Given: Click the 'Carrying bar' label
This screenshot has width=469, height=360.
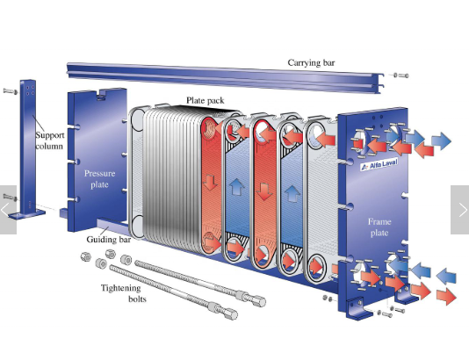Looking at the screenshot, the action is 311,63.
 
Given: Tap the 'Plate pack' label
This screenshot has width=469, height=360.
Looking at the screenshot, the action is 206,100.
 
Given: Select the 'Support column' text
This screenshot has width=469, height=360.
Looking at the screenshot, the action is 50,140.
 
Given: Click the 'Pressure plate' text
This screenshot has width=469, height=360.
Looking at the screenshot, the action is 99,179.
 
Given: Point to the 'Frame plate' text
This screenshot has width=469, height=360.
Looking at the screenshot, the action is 379,227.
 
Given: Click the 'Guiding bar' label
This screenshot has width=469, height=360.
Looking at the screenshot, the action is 109,240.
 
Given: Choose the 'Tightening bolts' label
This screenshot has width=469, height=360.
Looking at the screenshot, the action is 124,293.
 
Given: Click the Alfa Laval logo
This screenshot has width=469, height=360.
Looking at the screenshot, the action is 379,164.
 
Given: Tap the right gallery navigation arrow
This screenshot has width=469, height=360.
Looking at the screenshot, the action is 460,210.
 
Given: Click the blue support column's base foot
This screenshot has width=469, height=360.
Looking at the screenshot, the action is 26,214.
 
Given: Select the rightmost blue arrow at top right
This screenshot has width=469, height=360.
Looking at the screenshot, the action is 442,140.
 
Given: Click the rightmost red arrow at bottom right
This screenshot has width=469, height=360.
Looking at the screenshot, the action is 446,296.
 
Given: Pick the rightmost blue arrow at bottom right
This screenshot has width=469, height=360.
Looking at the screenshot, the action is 446,276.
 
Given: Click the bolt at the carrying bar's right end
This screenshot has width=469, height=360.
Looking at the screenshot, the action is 401,76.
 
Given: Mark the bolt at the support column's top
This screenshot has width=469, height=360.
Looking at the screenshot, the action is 11,91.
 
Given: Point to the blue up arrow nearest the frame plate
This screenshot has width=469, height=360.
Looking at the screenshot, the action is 292,193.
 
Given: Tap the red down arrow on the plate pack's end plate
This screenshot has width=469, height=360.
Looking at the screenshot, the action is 210,182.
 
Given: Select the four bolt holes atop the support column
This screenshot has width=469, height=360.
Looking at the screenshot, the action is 30,90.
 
